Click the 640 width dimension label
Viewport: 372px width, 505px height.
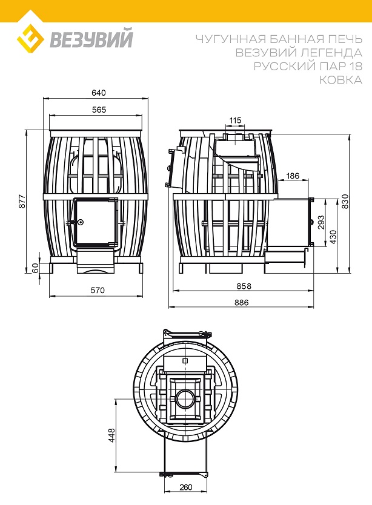click(99, 93)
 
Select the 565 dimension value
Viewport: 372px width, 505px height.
click(99, 110)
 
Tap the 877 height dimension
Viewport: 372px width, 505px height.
click(22, 201)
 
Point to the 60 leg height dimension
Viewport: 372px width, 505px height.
click(35, 268)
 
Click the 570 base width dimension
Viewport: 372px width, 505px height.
click(98, 291)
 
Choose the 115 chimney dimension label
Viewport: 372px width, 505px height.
click(235, 120)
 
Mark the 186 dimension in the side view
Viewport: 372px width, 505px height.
click(293, 176)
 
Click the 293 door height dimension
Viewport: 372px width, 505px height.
click(321, 222)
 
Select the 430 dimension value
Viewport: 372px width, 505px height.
click(333, 237)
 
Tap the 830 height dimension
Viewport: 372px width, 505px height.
click(345, 201)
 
